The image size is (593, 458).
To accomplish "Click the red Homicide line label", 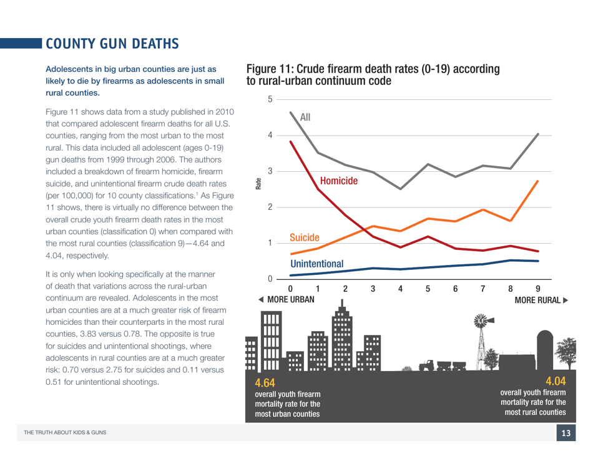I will (x=338, y=181).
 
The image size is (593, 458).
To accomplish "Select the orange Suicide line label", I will (x=305, y=237).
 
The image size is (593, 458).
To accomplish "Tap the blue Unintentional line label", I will (x=316, y=264).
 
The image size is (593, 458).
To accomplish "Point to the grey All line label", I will (x=305, y=117).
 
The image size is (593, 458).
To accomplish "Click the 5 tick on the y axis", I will (x=270, y=99).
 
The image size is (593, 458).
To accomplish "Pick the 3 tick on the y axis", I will (x=270, y=171).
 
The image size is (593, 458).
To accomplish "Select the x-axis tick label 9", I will (x=538, y=289).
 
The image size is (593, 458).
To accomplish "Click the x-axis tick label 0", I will (x=290, y=289).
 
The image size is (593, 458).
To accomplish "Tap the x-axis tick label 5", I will (x=428, y=289).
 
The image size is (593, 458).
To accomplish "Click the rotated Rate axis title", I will (x=258, y=185).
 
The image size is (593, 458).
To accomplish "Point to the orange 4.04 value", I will (x=555, y=381).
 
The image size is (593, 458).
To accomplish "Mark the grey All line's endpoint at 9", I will (x=538, y=134).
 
